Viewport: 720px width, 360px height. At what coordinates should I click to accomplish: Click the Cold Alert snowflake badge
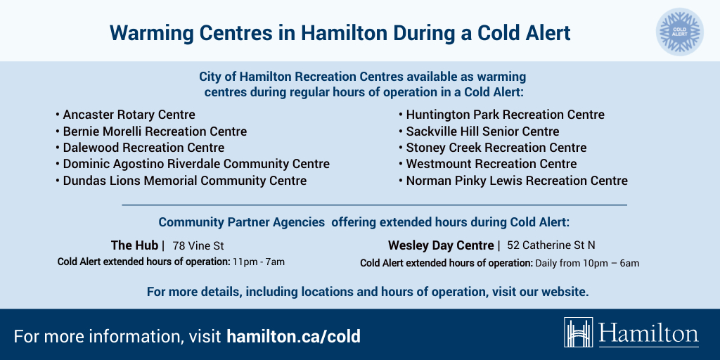[679, 32]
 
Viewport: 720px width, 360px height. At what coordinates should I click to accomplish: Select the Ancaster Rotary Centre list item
[129, 115]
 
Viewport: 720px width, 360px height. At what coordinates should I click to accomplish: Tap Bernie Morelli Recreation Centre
[155, 131]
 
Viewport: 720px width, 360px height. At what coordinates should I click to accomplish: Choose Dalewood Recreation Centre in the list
[143, 148]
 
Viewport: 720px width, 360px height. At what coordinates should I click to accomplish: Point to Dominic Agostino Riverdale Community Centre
[196, 164]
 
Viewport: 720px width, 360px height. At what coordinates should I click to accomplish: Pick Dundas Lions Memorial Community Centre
[184, 181]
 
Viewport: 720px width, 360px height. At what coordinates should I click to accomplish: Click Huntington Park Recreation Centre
[505, 115]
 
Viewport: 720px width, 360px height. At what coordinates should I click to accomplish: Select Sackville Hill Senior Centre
[482, 131]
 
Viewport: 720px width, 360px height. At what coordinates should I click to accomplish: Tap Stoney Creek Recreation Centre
[496, 148]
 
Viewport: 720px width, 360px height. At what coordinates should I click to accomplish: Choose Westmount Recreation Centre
[491, 164]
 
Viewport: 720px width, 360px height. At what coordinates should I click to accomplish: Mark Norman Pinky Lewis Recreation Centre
[517, 181]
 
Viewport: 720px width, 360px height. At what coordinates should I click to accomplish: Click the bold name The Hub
[135, 245]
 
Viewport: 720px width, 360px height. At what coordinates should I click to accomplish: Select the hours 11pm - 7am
[259, 262]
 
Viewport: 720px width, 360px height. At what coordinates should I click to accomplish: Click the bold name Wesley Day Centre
[441, 245]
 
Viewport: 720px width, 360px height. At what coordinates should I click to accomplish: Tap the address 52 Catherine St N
[551, 246]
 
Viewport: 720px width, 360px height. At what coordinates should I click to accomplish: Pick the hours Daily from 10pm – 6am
[587, 264]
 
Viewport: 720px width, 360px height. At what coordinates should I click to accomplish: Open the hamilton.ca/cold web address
[293, 336]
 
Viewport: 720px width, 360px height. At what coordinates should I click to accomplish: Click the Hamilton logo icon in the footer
[579, 333]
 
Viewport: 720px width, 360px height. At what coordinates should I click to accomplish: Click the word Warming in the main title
[149, 32]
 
